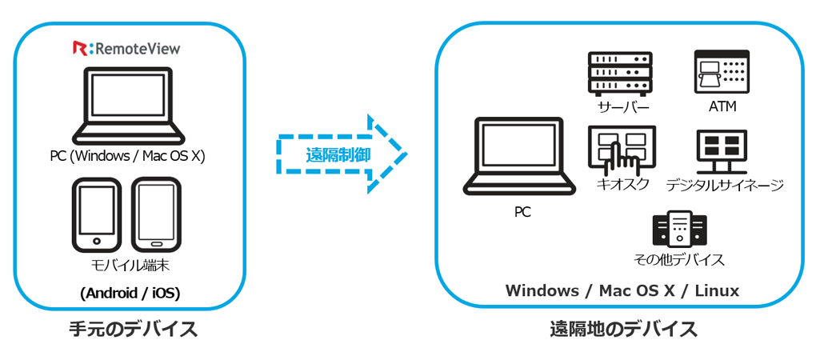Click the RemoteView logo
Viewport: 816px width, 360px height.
[126, 49]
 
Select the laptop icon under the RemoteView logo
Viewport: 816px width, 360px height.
[129, 105]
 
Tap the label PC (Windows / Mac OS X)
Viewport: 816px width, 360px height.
[127, 156]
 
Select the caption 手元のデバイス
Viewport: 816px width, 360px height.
[133, 329]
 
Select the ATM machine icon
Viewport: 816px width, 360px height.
[721, 72]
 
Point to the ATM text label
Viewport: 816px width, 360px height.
[721, 106]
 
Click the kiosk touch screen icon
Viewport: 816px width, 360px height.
[621, 149]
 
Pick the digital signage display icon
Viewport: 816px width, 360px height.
[721, 150]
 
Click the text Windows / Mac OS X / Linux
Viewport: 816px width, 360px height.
[622, 290]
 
